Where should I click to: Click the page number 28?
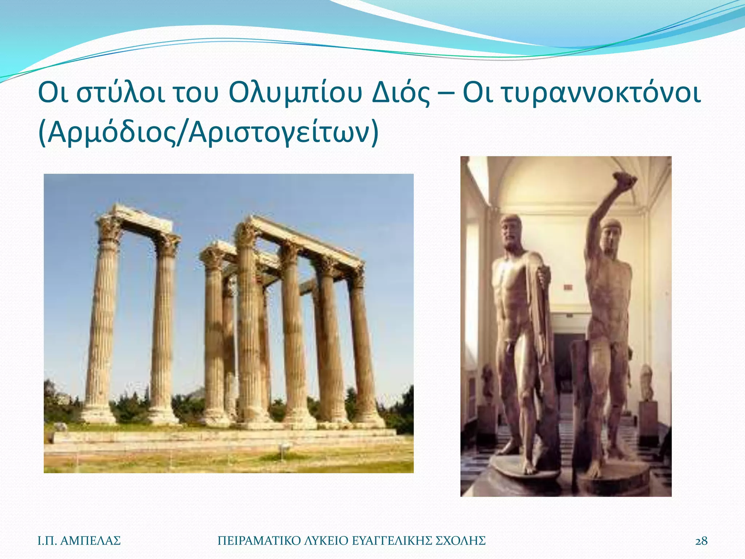[x=701, y=541]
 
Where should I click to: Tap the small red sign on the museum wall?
[x=568, y=288]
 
